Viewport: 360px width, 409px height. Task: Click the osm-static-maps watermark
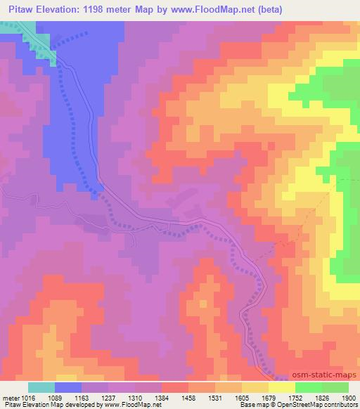pos(324,376)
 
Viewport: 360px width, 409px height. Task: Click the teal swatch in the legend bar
pos(41,387)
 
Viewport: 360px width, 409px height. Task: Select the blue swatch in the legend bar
pos(68,387)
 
